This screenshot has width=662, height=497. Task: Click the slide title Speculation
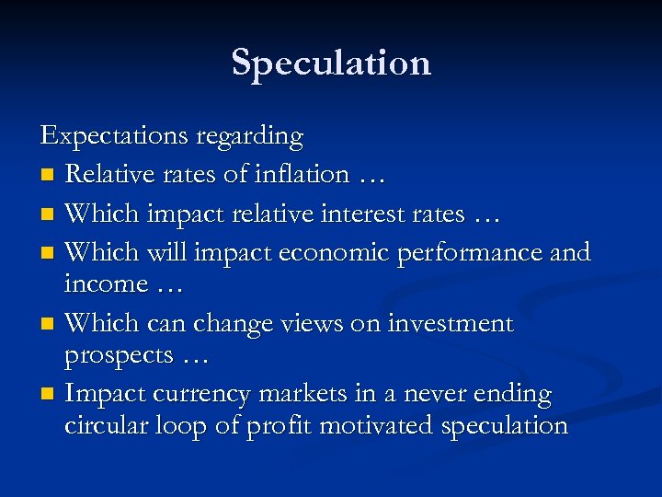click(331, 63)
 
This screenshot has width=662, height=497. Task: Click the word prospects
click(119, 356)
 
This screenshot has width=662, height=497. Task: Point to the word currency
click(204, 395)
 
